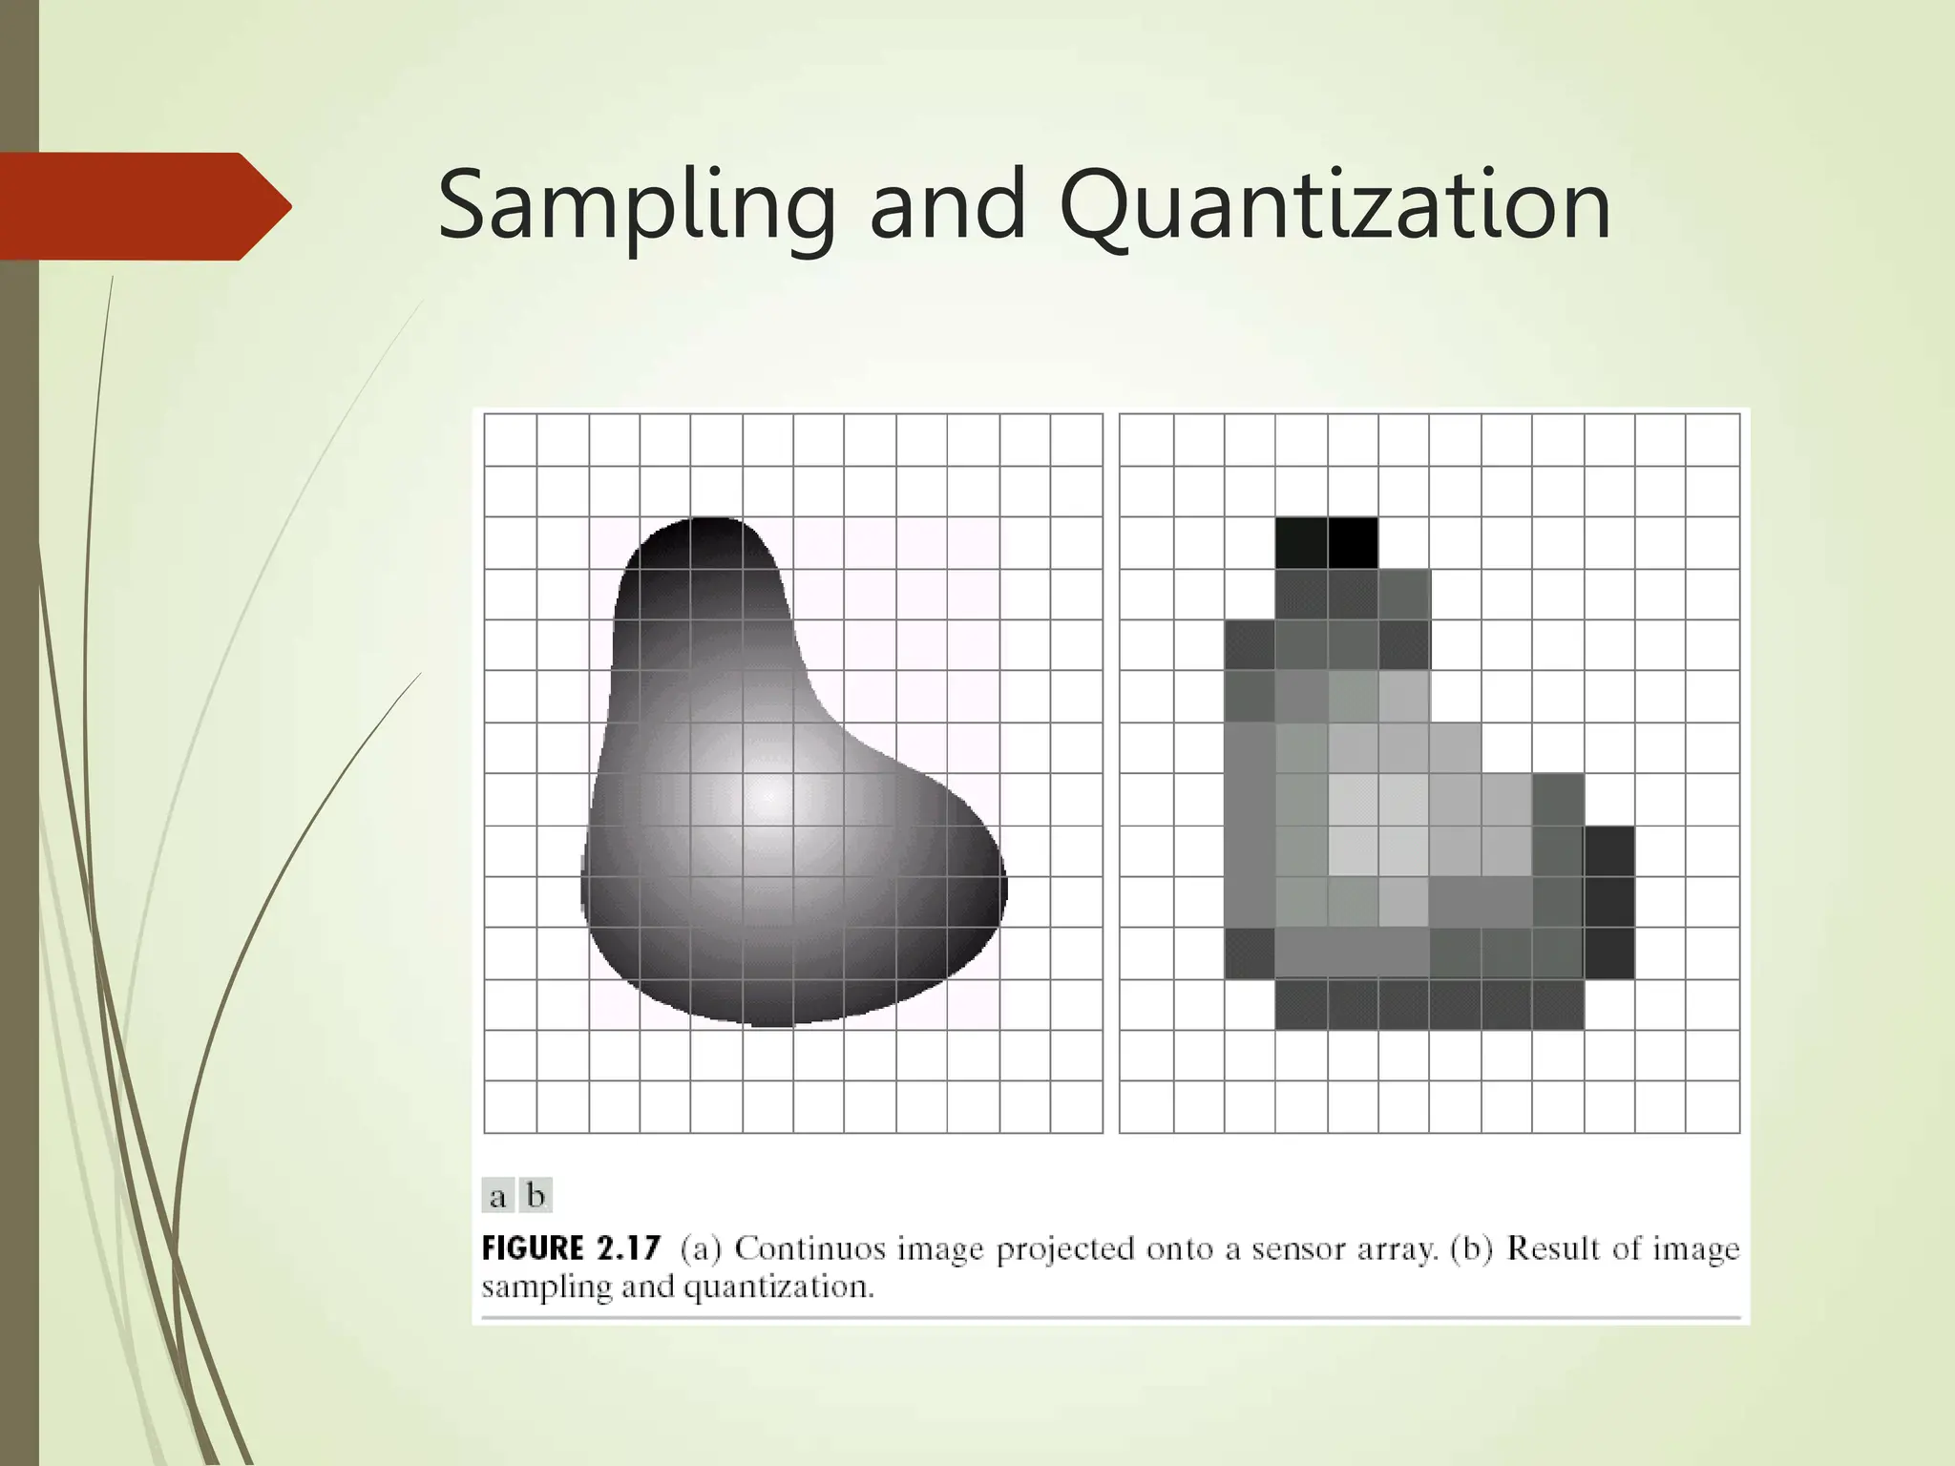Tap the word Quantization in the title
click(x=1335, y=206)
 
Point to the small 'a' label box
click(x=497, y=1196)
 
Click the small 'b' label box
click(x=536, y=1196)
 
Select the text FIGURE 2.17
click(x=571, y=1248)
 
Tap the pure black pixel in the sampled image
click(x=1353, y=543)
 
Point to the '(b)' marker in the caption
click(x=1471, y=1248)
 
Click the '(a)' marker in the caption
click(x=701, y=1248)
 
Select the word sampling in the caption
click(x=546, y=1288)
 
